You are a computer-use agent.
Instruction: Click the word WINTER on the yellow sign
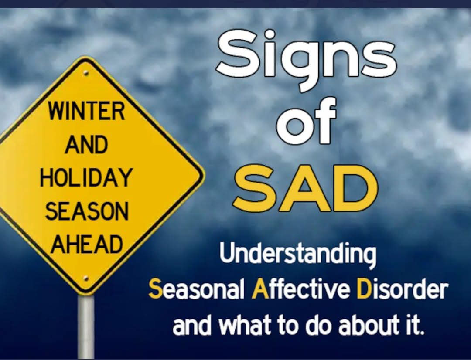point(86,111)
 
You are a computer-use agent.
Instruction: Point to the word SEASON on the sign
point(87,211)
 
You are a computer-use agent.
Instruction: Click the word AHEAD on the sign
point(87,244)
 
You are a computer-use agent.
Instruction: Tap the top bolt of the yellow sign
point(86,73)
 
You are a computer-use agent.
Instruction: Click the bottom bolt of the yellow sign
point(86,278)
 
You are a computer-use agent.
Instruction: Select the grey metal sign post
point(86,327)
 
